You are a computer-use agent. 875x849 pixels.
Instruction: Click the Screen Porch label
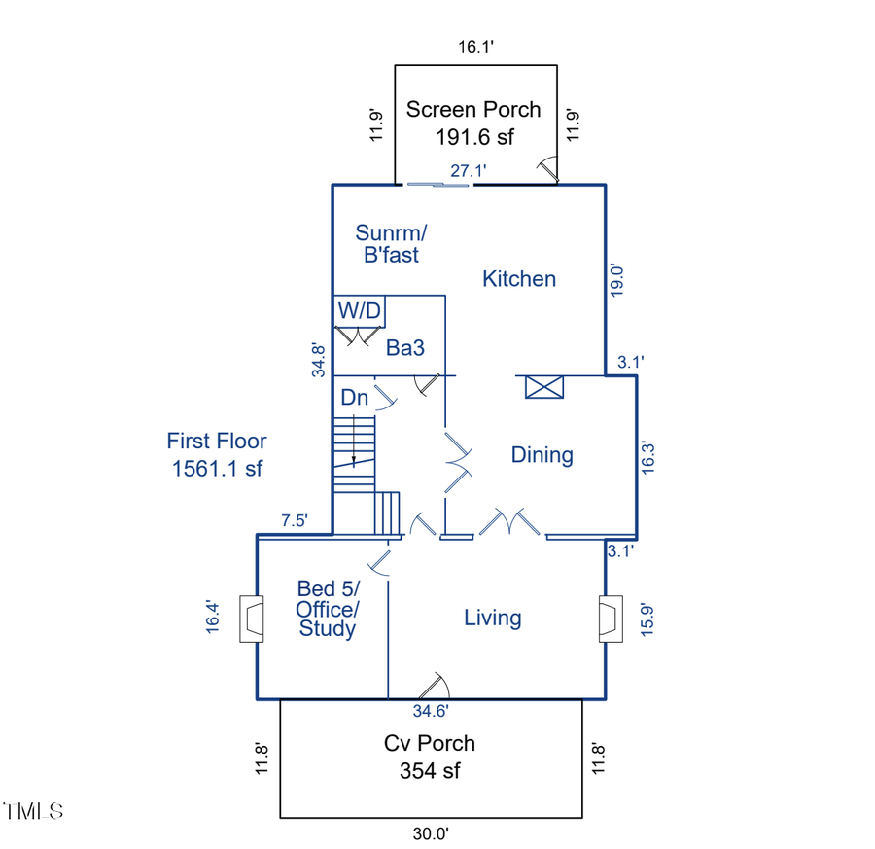tap(472, 109)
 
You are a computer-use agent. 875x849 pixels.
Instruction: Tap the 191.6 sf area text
tap(473, 137)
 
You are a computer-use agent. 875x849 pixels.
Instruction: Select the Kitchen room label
tap(519, 279)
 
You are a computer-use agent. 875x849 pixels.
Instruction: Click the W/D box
tap(360, 311)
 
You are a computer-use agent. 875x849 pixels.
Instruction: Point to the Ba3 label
tap(404, 347)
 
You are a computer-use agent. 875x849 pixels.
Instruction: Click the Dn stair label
tap(354, 397)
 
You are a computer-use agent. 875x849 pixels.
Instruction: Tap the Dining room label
tap(542, 455)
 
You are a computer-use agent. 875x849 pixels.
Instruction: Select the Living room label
tap(492, 618)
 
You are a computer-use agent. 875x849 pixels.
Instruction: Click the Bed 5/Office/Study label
tap(328, 609)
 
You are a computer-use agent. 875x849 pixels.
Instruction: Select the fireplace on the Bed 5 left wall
tap(251, 619)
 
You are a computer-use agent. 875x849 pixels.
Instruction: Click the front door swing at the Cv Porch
tap(434, 686)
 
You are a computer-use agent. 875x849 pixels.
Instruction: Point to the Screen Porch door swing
tap(549, 171)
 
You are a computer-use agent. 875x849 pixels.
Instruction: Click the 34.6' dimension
tap(430, 711)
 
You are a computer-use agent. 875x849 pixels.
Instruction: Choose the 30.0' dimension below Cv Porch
tap(431, 833)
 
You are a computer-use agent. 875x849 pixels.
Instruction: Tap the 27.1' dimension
tap(468, 171)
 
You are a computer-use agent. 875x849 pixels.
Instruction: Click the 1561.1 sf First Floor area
tap(216, 468)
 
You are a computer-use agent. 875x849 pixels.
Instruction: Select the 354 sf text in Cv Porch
tap(429, 771)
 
